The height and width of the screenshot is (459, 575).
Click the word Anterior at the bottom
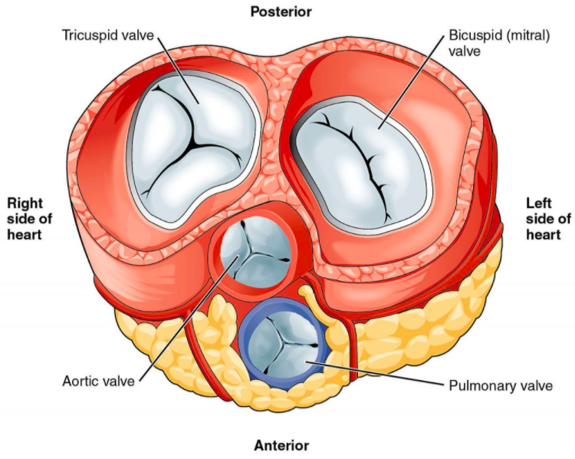[281, 445]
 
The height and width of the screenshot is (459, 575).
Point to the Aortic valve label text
[98, 381]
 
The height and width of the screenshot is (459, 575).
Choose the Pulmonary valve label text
[501, 384]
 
